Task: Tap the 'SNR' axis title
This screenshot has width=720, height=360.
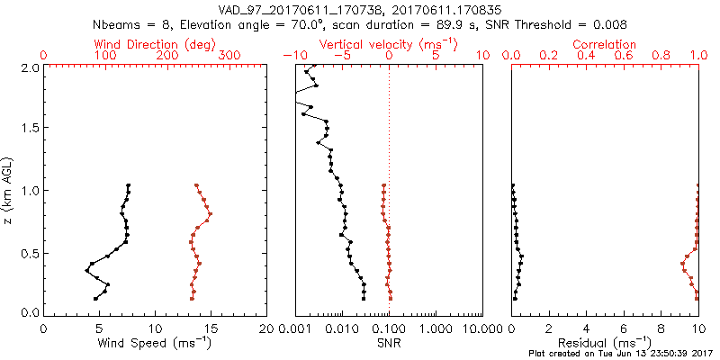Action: [389, 343]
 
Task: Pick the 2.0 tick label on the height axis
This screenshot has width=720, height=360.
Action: [31, 67]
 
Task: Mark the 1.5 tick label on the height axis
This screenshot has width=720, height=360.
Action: [31, 129]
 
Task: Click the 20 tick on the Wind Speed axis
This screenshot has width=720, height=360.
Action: [266, 328]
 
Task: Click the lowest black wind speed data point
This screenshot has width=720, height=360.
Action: [95, 298]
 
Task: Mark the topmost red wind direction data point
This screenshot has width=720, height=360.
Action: [196, 185]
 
